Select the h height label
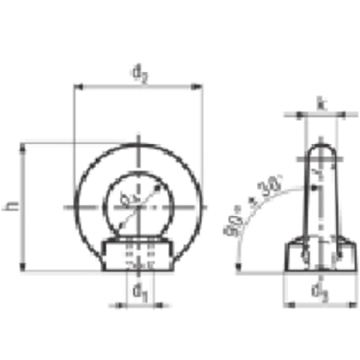(13, 206)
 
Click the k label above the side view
(321, 103)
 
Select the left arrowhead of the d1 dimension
(122, 305)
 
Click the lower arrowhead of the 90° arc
(238, 266)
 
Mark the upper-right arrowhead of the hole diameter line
(157, 188)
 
